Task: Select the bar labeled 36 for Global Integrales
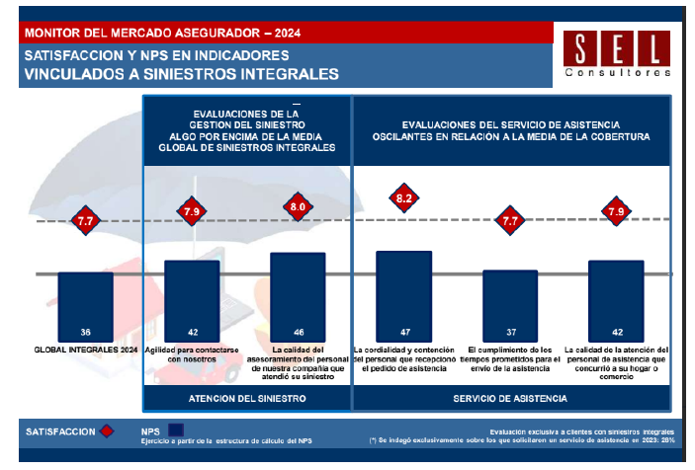click(85, 306)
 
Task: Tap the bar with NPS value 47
click(404, 295)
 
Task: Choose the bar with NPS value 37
click(510, 305)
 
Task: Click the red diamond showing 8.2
click(404, 198)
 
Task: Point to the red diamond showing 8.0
click(298, 206)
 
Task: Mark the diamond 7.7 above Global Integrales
click(85, 223)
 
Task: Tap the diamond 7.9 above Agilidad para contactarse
click(192, 210)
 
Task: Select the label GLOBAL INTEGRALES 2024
click(85, 350)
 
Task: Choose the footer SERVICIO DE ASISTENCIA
click(510, 398)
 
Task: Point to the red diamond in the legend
click(108, 431)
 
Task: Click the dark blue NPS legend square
click(178, 431)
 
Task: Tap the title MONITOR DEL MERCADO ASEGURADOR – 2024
click(163, 33)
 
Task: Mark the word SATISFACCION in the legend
click(60, 431)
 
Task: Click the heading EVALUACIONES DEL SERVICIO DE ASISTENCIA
click(511, 124)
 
